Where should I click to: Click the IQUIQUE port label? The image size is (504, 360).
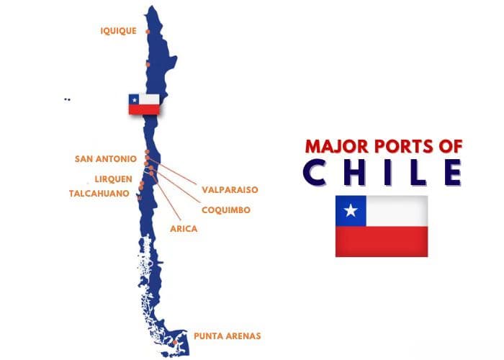118,30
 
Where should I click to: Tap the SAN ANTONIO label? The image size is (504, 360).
105,158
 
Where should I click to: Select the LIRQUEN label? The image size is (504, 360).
113,179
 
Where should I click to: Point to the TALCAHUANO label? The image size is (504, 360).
99,193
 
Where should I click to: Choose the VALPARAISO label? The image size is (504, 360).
230,189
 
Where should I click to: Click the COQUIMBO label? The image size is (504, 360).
226,210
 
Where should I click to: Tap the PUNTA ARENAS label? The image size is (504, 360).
227,336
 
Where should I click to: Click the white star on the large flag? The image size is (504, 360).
351,211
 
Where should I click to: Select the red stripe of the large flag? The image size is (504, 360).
382,241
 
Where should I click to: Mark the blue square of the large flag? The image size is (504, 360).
351,211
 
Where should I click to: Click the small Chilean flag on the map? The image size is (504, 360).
144,104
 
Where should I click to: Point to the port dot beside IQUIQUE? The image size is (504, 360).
148,32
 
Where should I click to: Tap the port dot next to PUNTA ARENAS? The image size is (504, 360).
179,341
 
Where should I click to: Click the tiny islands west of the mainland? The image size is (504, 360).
67,99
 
